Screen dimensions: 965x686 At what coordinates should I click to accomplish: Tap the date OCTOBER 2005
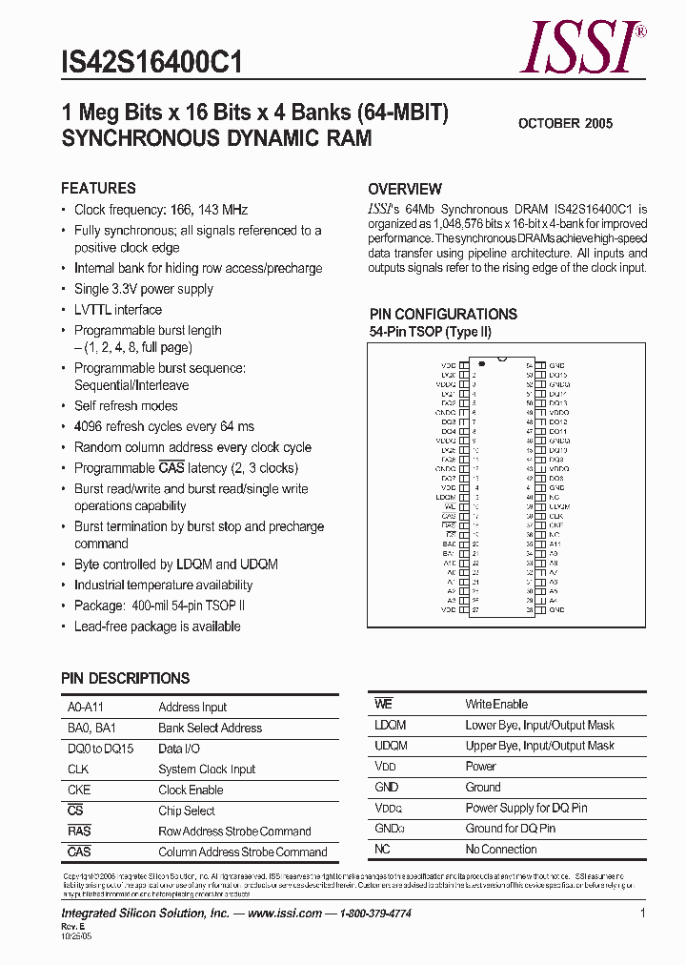(x=565, y=123)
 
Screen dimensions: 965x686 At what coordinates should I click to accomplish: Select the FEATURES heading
(x=98, y=188)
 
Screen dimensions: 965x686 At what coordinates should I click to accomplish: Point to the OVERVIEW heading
(x=405, y=189)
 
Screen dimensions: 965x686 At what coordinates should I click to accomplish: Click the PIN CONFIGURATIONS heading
(x=443, y=314)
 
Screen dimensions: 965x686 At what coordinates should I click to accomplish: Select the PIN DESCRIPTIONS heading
(x=125, y=678)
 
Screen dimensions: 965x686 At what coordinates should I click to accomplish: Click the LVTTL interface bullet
(x=118, y=310)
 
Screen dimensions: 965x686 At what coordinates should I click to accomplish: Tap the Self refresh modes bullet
(x=126, y=406)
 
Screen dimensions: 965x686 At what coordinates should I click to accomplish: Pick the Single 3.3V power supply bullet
(x=144, y=289)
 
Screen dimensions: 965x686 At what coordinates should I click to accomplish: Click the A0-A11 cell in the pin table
(x=81, y=708)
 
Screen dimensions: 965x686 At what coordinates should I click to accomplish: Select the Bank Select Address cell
(x=210, y=728)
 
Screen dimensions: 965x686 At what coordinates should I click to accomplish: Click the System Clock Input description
(x=207, y=770)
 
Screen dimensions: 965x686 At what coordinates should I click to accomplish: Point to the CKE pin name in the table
(x=79, y=790)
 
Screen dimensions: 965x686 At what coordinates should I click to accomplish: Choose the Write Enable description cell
(x=495, y=704)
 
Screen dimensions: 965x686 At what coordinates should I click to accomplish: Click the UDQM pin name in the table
(x=391, y=746)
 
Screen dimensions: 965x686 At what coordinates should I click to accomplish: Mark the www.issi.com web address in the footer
(x=284, y=913)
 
